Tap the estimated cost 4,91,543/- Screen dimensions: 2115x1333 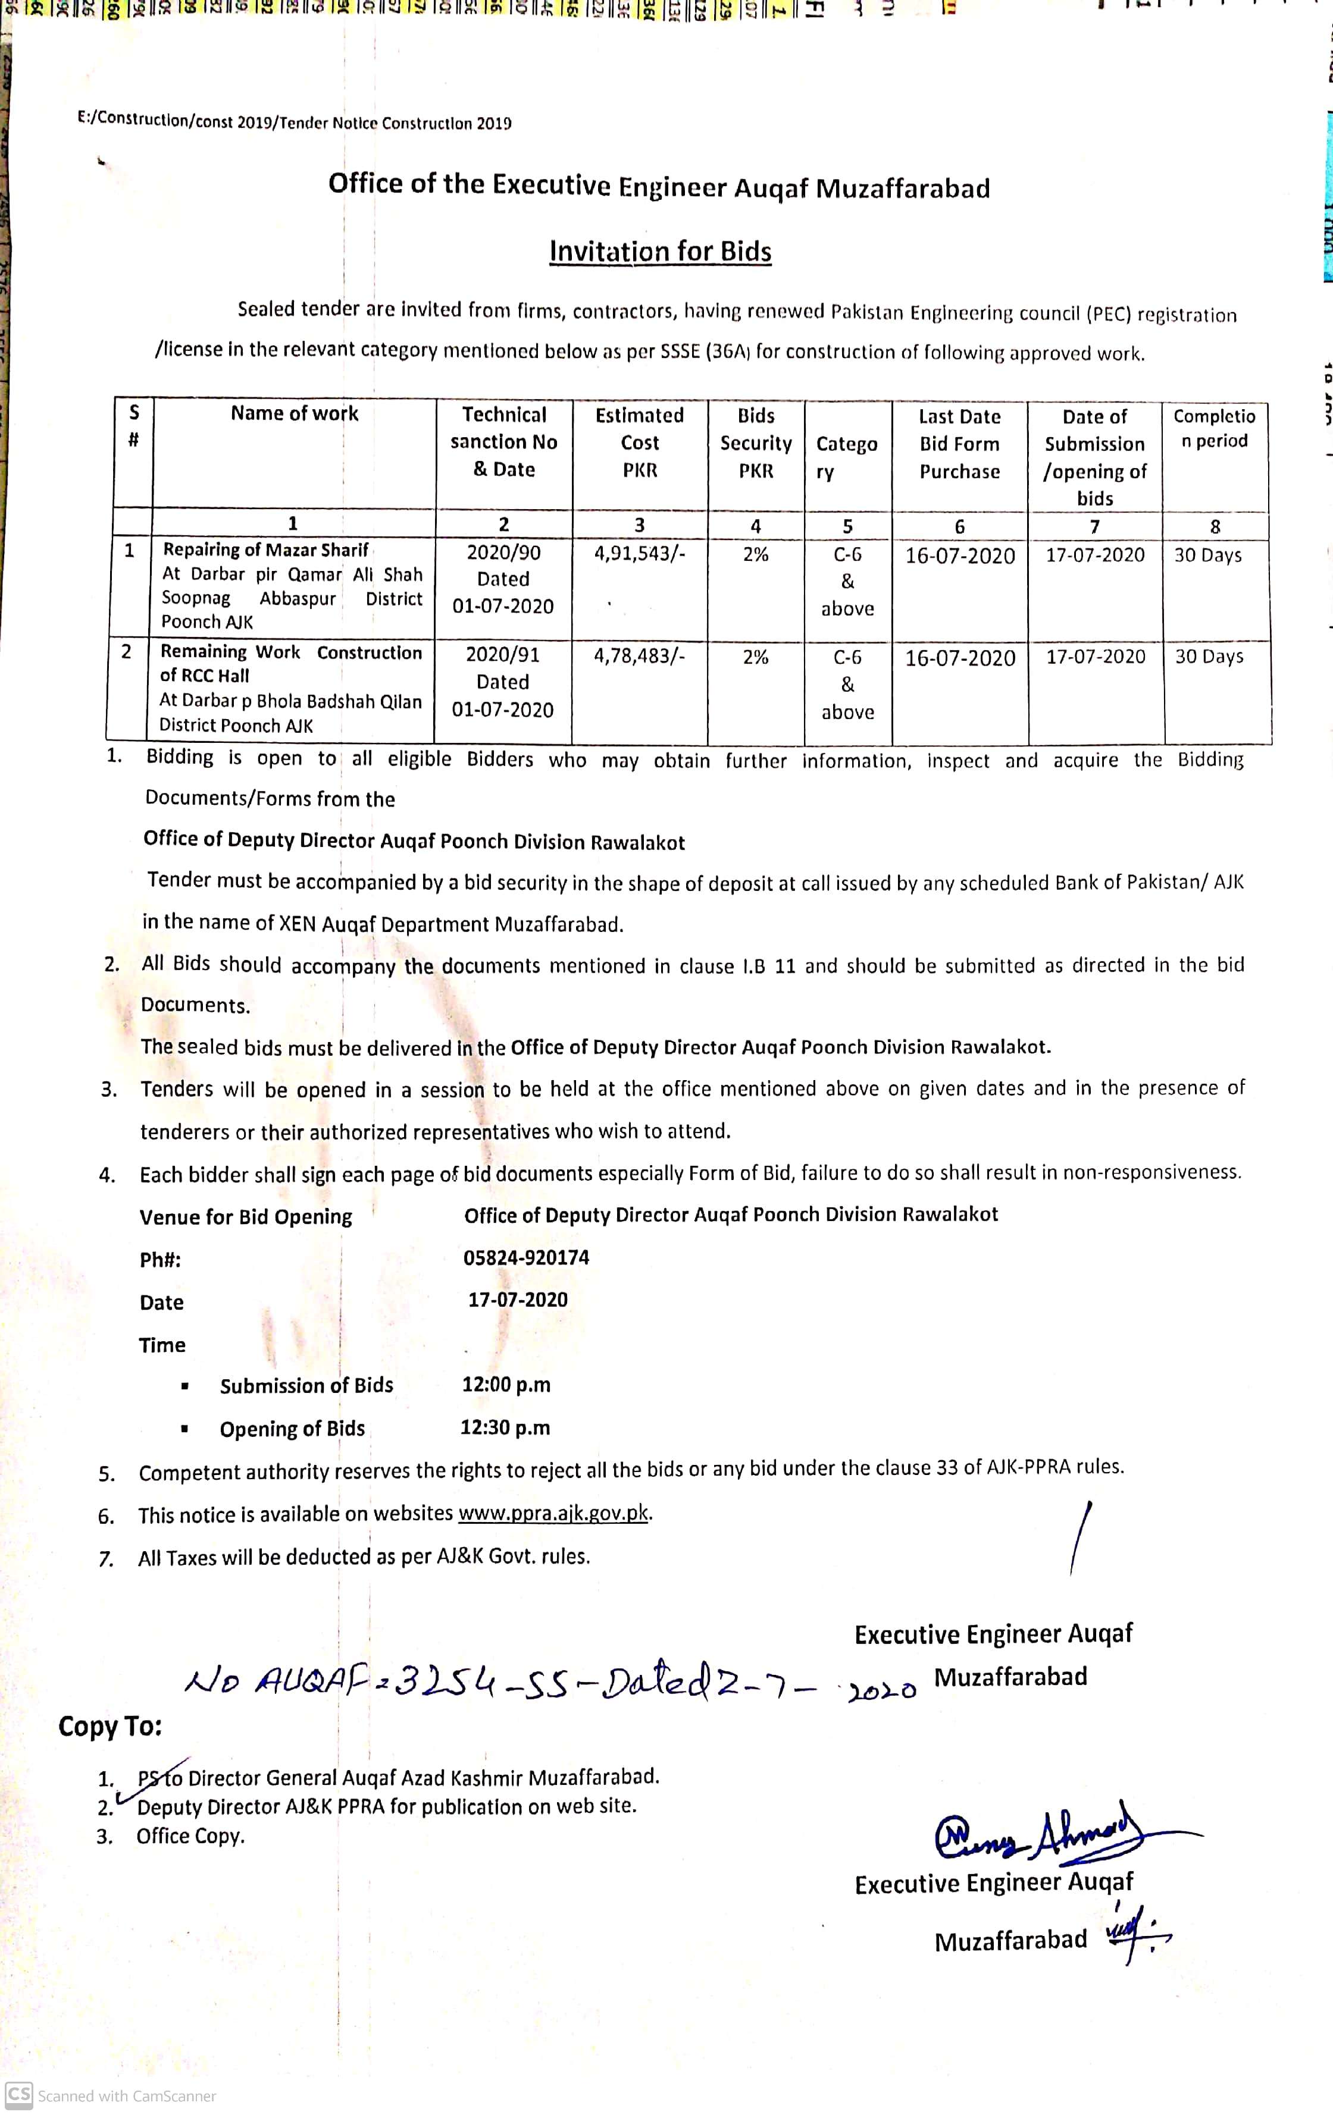coord(639,553)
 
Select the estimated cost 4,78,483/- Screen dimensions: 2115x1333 coord(639,655)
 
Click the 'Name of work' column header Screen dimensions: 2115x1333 coord(295,414)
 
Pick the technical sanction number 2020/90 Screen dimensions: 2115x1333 coord(503,553)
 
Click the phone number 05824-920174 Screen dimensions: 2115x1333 coord(526,1258)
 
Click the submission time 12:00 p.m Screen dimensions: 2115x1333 coord(506,1385)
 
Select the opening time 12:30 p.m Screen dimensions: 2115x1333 coord(505,1428)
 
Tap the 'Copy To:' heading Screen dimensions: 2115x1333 coord(111,1727)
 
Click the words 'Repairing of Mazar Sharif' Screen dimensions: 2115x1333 coord(265,550)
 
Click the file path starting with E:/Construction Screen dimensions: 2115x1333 coord(295,121)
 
